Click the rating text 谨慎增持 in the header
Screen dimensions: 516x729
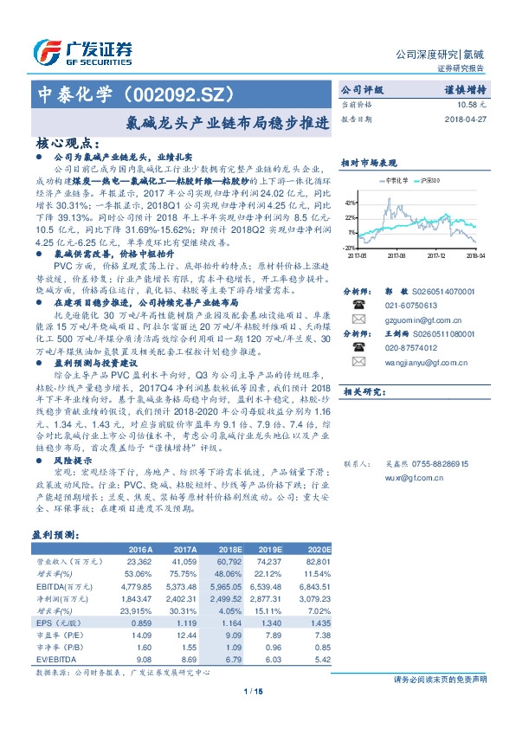tap(464, 89)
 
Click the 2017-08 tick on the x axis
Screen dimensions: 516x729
tap(397, 256)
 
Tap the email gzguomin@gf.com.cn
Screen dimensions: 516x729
tap(418, 320)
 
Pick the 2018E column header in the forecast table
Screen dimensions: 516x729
tap(229, 551)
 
